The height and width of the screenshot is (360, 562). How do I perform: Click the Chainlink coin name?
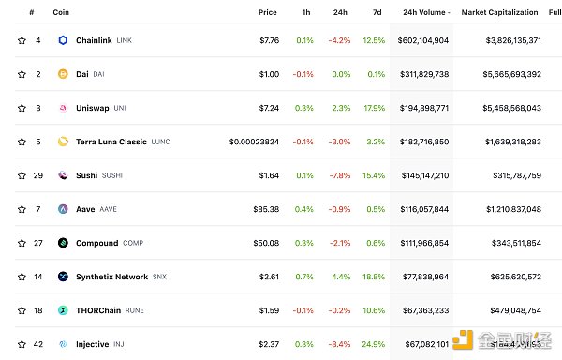[x=94, y=41]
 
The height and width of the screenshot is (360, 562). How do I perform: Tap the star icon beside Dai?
[x=22, y=74]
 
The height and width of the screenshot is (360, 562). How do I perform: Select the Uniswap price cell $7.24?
[x=266, y=108]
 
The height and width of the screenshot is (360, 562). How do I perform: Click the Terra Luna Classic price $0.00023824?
[x=254, y=142]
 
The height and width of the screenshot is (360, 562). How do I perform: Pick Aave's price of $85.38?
[x=264, y=209]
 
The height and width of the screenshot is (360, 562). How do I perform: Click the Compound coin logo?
[x=63, y=243]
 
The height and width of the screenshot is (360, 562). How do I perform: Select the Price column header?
[x=267, y=12]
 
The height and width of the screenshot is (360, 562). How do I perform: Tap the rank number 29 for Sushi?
[x=38, y=175]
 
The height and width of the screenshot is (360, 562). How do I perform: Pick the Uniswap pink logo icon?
[x=63, y=108]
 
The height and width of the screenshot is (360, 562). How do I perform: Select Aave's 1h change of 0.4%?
[x=304, y=209]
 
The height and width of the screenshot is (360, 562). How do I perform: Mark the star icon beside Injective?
[x=22, y=344]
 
